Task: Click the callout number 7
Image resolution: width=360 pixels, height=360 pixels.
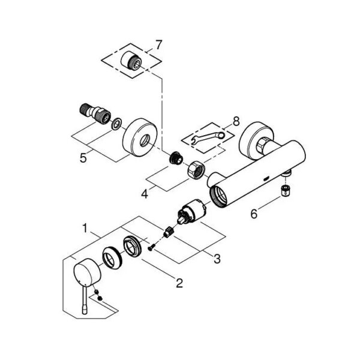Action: (x=158, y=44)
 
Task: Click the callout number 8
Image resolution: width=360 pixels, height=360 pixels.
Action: (x=236, y=121)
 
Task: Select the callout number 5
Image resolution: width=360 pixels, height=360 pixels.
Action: (x=83, y=158)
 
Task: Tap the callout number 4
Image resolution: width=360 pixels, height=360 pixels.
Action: (x=145, y=194)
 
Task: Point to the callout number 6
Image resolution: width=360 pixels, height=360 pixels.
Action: (x=254, y=214)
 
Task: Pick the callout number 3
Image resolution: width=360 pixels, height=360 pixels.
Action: (x=217, y=259)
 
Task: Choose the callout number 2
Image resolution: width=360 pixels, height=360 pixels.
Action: (x=179, y=283)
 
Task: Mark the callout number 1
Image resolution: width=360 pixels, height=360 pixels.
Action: (x=85, y=228)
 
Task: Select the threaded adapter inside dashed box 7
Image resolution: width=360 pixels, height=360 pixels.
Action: (x=131, y=61)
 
